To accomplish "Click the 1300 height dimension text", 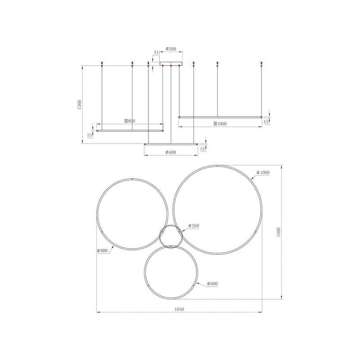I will [79, 104].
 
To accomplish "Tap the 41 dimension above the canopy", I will [156, 53].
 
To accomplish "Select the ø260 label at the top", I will [171, 49].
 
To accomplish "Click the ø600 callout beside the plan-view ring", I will [212, 284].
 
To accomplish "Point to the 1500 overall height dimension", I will [279, 232].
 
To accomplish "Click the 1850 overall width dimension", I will [180, 309].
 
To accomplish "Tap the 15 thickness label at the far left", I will [90, 135].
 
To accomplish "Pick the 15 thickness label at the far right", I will [266, 121].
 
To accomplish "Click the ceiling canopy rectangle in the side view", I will [171, 63].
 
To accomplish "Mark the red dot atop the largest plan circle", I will [217, 166].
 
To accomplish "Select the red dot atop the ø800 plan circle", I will [133, 179].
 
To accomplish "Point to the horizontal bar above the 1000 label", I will [220, 117].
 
